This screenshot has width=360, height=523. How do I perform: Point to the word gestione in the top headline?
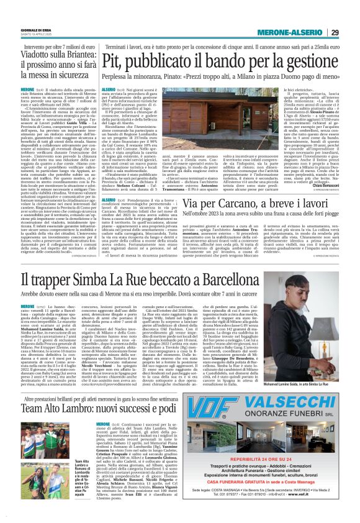coord(313,61)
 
